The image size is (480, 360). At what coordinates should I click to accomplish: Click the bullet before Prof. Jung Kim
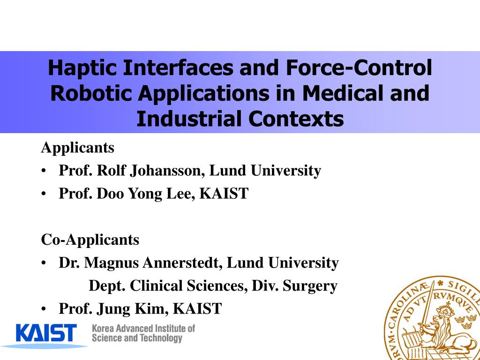point(44,309)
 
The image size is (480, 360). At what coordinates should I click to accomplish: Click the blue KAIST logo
point(46,334)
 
